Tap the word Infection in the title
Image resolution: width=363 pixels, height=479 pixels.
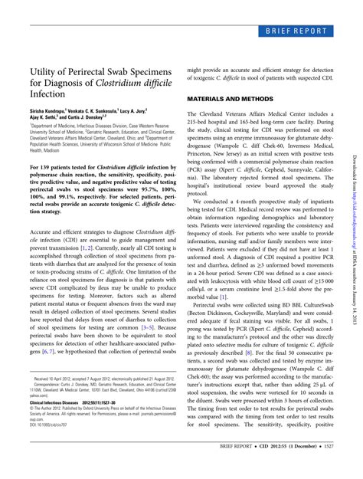(x=47, y=100)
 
